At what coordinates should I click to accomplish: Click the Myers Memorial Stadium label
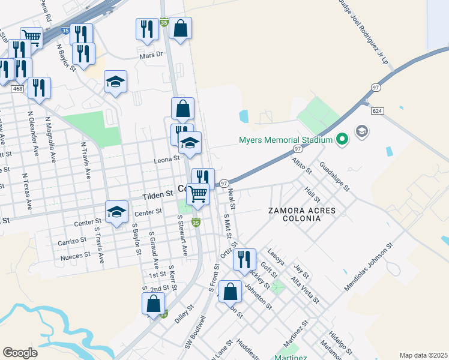[x=286, y=140]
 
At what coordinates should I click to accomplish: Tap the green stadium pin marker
[x=342, y=140]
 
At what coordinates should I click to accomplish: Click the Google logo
[x=20, y=353]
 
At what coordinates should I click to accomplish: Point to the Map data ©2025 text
[x=423, y=355]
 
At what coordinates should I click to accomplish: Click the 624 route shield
[x=377, y=111]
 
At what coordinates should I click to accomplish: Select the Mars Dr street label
[x=151, y=55]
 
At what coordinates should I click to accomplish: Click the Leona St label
[x=168, y=159]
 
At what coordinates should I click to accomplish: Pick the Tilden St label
[x=158, y=194]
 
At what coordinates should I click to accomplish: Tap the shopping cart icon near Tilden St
[x=198, y=194]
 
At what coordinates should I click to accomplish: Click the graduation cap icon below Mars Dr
[x=115, y=82]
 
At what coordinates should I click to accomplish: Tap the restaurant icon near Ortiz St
[x=244, y=259]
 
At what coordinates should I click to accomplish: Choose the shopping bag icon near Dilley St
[x=153, y=304]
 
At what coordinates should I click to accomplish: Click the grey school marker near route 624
[x=363, y=130]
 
